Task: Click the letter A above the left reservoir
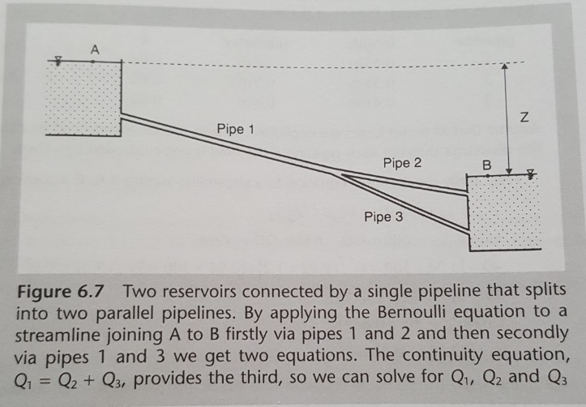click(95, 49)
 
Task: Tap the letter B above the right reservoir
click(486, 165)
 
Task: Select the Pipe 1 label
click(235, 129)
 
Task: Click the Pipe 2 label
click(402, 163)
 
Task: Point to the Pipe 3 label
click(383, 216)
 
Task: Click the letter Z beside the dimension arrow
click(524, 118)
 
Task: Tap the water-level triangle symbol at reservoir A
click(58, 61)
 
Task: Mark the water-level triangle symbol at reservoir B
click(531, 174)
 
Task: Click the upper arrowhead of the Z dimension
click(504, 66)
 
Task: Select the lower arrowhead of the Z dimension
click(509, 171)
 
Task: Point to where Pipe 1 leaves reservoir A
click(122, 116)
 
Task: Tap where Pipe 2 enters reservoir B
click(467, 192)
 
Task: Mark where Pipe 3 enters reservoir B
click(468, 230)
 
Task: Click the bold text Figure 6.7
click(61, 292)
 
